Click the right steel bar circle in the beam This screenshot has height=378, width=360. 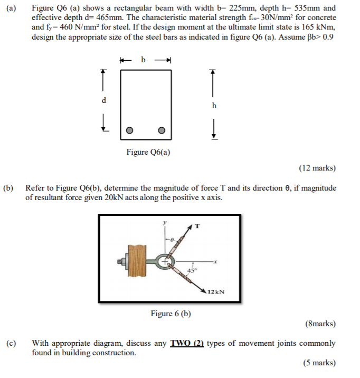[x=162, y=130]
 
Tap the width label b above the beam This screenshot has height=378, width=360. [x=142, y=59]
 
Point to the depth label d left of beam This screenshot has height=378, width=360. [x=104, y=100]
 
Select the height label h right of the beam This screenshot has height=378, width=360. [x=214, y=106]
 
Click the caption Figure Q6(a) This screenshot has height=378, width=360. [x=148, y=153]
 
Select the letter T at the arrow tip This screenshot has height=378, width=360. [x=197, y=226]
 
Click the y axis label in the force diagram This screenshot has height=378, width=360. [x=164, y=223]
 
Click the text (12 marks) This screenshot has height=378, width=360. [x=317, y=168]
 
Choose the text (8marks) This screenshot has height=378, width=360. [x=320, y=324]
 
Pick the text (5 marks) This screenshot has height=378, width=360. [x=319, y=363]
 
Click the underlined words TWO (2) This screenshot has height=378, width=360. [x=187, y=343]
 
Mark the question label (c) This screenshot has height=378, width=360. [x=11, y=343]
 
